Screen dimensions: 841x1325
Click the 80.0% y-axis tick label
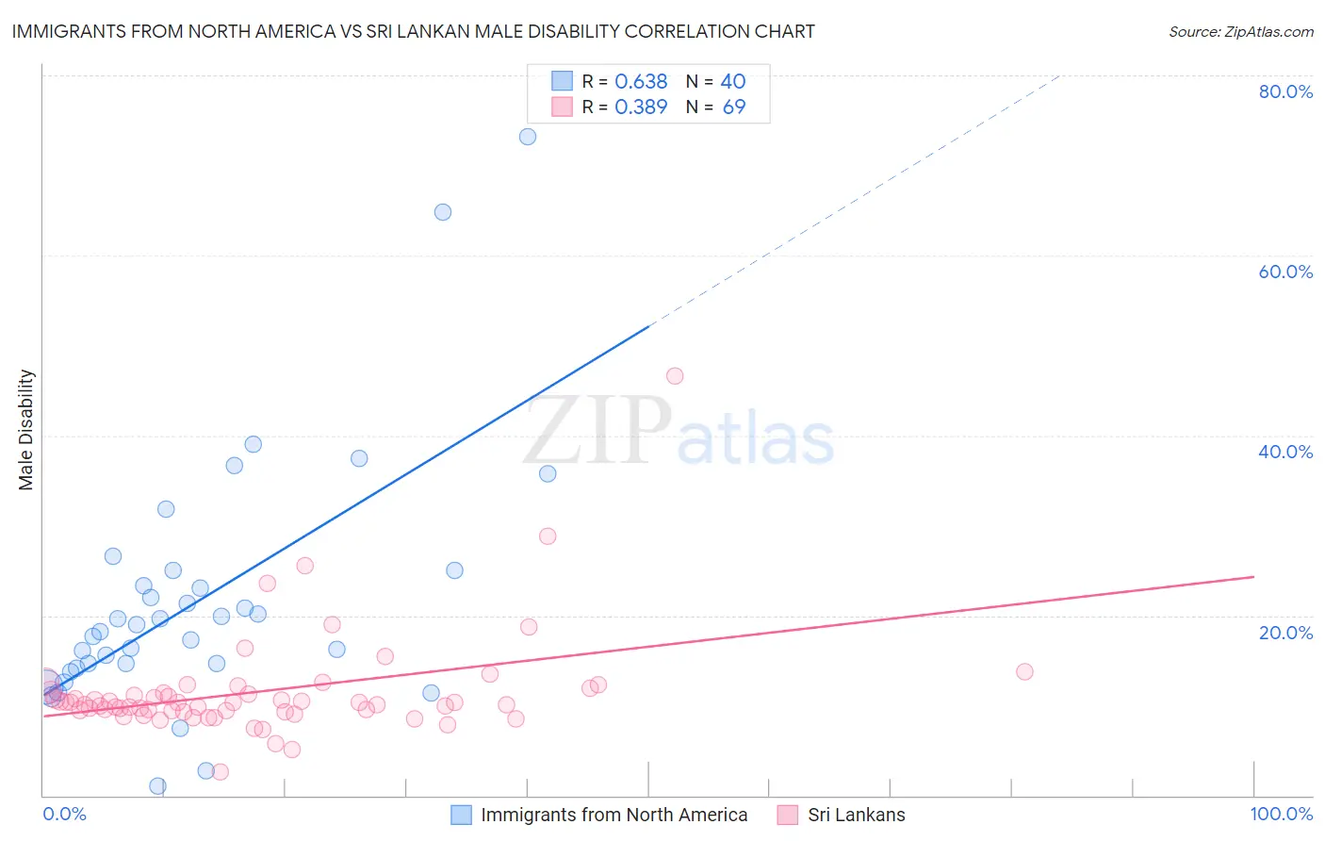tap(1285, 91)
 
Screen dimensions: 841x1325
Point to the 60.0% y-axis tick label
tap(1285, 272)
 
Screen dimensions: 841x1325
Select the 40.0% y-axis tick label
tap(1285, 452)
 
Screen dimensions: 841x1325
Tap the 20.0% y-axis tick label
tap(1285, 632)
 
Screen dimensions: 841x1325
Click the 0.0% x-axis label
tap(64, 814)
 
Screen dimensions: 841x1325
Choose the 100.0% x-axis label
tap(1281, 814)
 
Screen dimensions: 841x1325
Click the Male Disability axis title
tap(25, 429)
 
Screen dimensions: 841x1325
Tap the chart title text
tap(413, 31)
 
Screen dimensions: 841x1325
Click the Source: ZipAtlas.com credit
tap(1240, 31)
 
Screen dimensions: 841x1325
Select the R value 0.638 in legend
tap(641, 82)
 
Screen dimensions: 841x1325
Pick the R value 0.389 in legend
tap(641, 107)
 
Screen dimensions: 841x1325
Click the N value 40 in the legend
tap(732, 82)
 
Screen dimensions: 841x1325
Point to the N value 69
tap(733, 107)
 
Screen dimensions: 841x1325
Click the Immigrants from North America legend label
tap(613, 815)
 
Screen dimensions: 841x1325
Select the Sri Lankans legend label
tap(856, 815)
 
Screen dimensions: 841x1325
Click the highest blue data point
tap(528, 137)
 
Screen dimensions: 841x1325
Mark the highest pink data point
tap(675, 376)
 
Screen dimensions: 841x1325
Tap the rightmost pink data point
tap(1024, 671)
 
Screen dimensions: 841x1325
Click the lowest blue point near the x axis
tap(157, 786)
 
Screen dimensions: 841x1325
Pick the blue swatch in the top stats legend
tap(562, 81)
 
